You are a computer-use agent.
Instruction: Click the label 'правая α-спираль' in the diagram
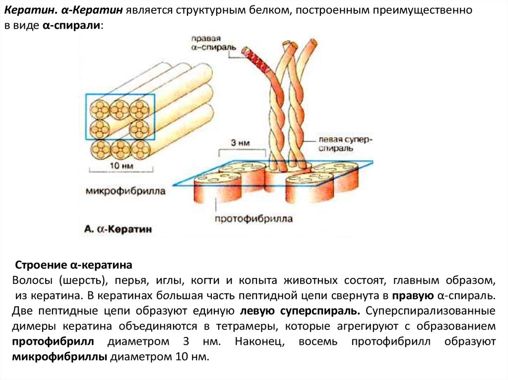[x=213, y=43]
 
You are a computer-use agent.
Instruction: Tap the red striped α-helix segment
[x=258, y=60]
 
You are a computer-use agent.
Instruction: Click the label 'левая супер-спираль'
[x=345, y=144]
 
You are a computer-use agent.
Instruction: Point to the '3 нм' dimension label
[x=240, y=143]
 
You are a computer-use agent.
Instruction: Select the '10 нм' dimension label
[x=121, y=166]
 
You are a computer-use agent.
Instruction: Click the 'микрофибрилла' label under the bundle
[x=126, y=191]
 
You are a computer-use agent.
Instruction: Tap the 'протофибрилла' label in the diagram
[x=254, y=219]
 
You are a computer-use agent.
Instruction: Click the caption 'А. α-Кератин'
[x=118, y=229]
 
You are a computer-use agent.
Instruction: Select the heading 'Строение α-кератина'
[x=73, y=265]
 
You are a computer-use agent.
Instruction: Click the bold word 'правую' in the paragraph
[x=413, y=295]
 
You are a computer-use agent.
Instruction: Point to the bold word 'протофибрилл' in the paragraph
[x=53, y=341]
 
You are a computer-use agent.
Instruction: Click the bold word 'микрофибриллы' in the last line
[x=60, y=357]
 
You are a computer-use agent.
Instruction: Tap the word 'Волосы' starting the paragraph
[x=32, y=280]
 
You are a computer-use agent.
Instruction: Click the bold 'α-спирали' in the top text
[x=71, y=26]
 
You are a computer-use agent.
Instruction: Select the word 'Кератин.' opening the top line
[x=31, y=10]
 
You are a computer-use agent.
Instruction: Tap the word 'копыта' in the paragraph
[x=258, y=280]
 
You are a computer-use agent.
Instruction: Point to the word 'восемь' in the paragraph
[x=318, y=341]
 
